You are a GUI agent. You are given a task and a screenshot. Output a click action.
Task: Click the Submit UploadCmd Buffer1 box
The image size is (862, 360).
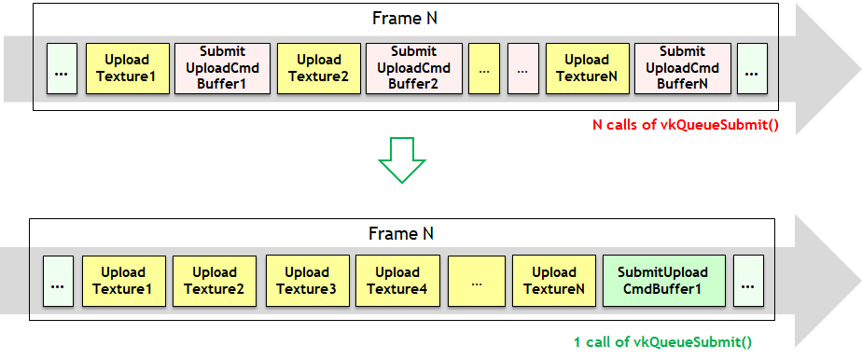(x=222, y=69)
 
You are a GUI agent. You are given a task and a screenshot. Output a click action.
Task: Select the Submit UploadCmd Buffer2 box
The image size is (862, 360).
(x=414, y=69)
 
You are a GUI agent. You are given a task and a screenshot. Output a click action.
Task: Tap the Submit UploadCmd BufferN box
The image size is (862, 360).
(x=683, y=69)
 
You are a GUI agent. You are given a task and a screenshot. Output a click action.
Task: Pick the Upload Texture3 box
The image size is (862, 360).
(x=307, y=281)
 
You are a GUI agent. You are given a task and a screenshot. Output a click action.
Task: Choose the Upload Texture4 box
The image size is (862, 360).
(x=396, y=281)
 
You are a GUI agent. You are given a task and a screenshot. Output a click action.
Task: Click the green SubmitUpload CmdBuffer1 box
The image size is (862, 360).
(x=664, y=281)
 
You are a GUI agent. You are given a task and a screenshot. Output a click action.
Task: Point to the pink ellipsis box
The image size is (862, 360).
(x=522, y=69)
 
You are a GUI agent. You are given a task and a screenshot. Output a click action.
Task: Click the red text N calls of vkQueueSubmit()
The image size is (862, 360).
(x=686, y=125)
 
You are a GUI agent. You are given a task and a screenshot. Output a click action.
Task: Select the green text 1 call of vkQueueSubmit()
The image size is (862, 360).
(x=662, y=342)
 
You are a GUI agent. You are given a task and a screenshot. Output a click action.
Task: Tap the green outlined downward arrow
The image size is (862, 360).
(x=402, y=159)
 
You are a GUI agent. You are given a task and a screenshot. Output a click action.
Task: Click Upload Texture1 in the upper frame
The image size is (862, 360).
(x=128, y=69)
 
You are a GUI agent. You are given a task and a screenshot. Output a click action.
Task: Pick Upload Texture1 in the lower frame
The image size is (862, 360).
(x=124, y=281)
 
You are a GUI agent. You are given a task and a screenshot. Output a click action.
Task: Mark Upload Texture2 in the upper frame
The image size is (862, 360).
(x=319, y=69)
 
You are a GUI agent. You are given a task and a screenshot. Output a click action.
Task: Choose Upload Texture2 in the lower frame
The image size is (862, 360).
(x=215, y=281)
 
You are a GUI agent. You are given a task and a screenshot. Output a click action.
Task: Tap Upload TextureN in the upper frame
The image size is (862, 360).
(x=587, y=69)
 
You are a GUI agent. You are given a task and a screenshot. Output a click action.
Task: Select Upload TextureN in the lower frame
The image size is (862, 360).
(x=554, y=281)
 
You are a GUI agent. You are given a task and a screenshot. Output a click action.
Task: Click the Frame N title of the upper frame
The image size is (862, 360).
(x=405, y=18)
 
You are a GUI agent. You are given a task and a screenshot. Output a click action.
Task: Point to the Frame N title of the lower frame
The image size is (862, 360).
(x=401, y=233)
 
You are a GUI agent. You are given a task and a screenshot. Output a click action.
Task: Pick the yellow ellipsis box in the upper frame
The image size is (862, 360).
(x=484, y=69)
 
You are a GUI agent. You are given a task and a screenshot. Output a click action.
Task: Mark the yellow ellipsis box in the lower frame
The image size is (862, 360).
(x=477, y=281)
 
